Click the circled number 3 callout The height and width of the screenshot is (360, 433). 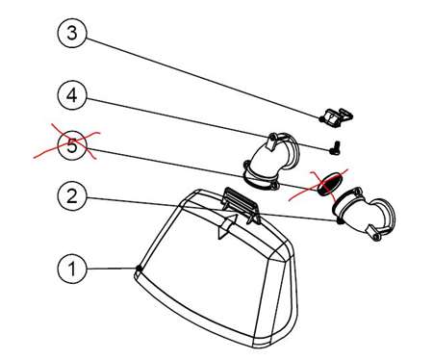pos(72,33)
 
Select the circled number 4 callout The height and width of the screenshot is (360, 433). pos(72,95)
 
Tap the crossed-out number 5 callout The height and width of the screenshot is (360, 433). pos(72,146)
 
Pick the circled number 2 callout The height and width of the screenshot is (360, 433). pos(72,195)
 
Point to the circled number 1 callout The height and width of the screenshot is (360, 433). pos(72,269)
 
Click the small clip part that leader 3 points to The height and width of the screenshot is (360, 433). pos(337,117)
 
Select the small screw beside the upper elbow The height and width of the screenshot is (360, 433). pos(335,148)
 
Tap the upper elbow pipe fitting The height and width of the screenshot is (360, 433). pos(272,161)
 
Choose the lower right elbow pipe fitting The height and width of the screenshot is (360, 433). pos(364,213)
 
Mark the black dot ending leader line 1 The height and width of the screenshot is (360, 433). pos(139,268)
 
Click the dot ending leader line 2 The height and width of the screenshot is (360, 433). pos(339,221)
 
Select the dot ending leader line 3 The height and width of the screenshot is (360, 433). pos(321,119)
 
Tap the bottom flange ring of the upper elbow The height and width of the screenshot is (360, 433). pos(259,181)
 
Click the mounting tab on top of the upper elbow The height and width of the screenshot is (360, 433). pos(272,142)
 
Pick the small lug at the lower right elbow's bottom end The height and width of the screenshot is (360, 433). pos(373,233)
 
